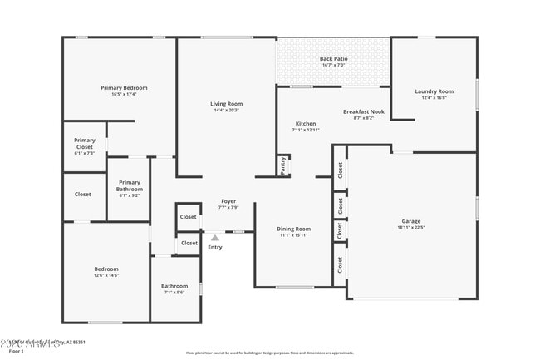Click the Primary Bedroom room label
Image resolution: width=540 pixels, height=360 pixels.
[x=123, y=87]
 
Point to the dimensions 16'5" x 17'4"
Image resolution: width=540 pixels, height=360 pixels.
[x=123, y=95]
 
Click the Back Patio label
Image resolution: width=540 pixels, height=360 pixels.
[x=333, y=58]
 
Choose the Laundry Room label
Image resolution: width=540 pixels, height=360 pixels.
[x=434, y=91]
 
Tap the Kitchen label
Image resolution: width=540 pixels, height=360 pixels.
[x=305, y=123]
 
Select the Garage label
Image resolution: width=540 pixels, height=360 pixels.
[x=410, y=221]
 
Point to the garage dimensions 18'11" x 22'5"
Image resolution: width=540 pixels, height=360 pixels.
[x=410, y=229]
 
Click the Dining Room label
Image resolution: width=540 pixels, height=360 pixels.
[x=293, y=229]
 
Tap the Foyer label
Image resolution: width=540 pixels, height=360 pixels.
[x=228, y=201]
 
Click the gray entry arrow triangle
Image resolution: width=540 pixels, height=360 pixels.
[x=215, y=238]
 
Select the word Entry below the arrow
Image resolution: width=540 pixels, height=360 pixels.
[x=215, y=247]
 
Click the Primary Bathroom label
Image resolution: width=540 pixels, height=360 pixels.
[x=129, y=185]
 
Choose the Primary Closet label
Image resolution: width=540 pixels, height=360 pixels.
[x=84, y=143]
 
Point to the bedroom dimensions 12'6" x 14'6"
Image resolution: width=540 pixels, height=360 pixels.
[x=106, y=276]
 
